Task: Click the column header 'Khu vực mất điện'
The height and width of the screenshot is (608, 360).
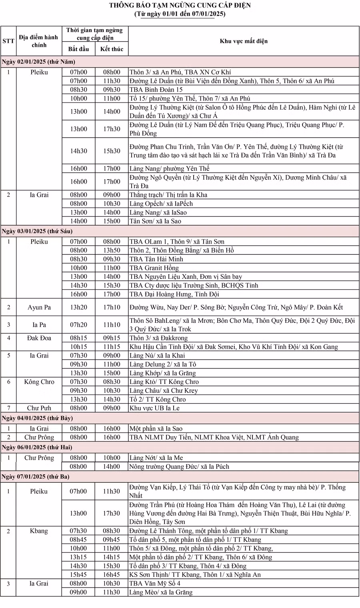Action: coord(243,41)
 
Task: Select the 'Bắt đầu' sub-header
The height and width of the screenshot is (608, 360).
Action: coord(78,49)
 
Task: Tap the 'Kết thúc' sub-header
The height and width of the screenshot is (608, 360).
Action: coord(112,49)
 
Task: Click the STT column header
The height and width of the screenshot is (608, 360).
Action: coord(8,41)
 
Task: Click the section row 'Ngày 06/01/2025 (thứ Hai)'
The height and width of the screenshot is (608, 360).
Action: coord(37,447)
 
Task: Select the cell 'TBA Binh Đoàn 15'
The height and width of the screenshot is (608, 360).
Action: coord(156,90)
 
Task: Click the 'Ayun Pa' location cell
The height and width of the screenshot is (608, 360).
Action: coord(39,307)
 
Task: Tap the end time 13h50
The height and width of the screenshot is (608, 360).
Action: coord(112,250)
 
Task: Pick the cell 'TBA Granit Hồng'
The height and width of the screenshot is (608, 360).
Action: coord(154,268)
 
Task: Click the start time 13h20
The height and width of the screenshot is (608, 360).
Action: coord(78,307)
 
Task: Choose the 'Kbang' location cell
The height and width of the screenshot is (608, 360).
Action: coord(39,531)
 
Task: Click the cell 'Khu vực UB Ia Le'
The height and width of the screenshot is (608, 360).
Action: coord(154,408)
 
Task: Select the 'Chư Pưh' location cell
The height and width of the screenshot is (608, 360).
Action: coord(39,408)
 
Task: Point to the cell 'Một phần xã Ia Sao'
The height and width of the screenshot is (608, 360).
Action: coord(156,428)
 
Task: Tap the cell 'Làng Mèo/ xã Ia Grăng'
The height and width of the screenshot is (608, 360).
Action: coord(160,592)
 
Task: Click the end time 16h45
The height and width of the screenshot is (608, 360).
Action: coord(112,574)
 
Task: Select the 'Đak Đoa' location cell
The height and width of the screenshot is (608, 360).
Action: coord(39,338)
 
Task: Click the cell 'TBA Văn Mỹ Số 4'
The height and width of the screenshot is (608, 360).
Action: coord(154,583)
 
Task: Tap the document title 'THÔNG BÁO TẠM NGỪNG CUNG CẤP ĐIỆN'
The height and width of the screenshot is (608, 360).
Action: coord(180,5)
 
